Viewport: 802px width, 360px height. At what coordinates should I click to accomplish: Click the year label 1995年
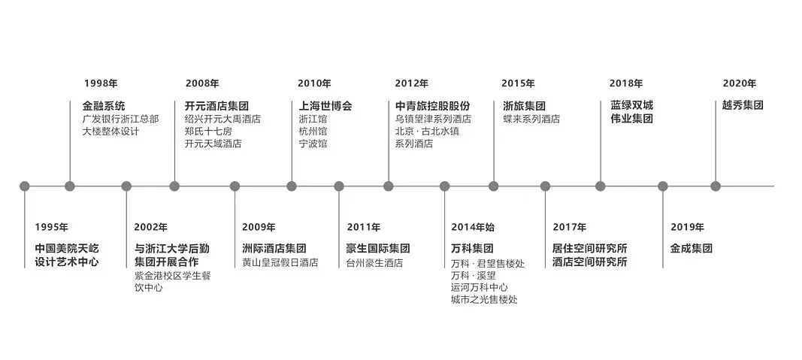pyautogui.click(x=51, y=227)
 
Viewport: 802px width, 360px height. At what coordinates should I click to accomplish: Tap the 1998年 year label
pyautogui.click(x=101, y=83)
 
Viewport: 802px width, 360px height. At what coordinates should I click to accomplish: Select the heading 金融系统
pyautogui.click(x=104, y=105)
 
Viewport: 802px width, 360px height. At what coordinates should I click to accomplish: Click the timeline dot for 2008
pyautogui.click(x=174, y=186)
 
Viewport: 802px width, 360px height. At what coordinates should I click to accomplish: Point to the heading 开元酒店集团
pyautogui.click(x=216, y=105)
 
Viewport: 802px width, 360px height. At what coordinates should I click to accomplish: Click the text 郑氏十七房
pyautogui.click(x=208, y=131)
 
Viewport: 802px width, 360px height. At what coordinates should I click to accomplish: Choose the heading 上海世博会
pyautogui.click(x=325, y=105)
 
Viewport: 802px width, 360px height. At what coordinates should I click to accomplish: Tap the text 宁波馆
pyautogui.click(x=313, y=144)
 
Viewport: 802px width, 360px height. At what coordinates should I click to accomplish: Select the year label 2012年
pyautogui.click(x=411, y=83)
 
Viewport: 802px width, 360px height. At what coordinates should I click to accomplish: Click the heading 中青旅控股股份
pyautogui.click(x=432, y=105)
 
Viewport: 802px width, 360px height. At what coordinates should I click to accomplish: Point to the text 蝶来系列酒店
pyautogui.click(x=531, y=119)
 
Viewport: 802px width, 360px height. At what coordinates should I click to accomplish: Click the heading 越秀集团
pyautogui.click(x=743, y=105)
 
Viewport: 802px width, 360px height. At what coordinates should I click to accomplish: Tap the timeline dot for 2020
pyautogui.click(x=716, y=186)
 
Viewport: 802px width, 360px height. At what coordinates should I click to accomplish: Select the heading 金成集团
pyautogui.click(x=691, y=248)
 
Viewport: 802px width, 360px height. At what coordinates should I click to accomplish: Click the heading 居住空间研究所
pyautogui.click(x=589, y=248)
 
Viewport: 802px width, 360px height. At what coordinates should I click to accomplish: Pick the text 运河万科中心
pyautogui.click(x=479, y=287)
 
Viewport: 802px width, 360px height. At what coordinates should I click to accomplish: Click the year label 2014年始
pyautogui.click(x=473, y=227)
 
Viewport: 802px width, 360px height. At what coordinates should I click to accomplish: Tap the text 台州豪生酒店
pyautogui.click(x=374, y=263)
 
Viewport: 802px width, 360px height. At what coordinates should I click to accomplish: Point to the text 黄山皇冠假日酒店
pyautogui.click(x=280, y=263)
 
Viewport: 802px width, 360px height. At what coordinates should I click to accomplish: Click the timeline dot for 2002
pyautogui.click(x=126, y=186)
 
